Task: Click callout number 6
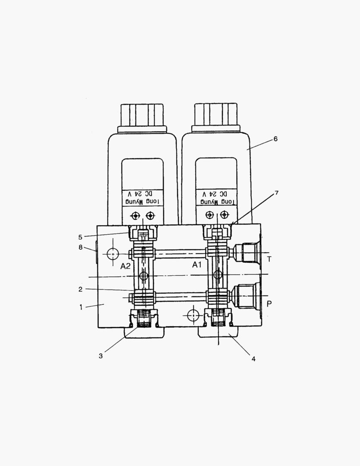click(x=275, y=139)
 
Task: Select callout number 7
click(x=276, y=193)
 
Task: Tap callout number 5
click(x=80, y=236)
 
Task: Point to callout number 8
click(x=80, y=247)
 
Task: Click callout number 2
click(x=80, y=289)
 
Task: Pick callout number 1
click(x=80, y=307)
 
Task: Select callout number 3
click(x=100, y=356)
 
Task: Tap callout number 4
click(x=254, y=359)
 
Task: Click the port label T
click(x=269, y=259)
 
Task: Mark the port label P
click(x=269, y=304)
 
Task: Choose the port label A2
click(x=125, y=266)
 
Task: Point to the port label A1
click(x=197, y=265)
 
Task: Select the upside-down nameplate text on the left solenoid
click(x=142, y=197)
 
